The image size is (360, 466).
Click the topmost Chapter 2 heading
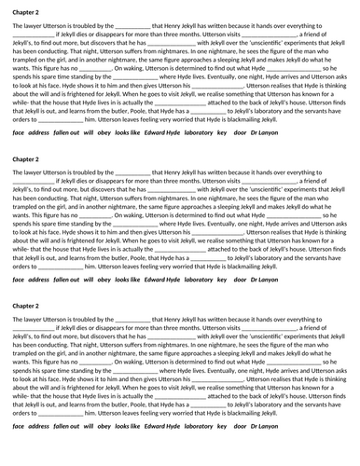[x=26, y=12]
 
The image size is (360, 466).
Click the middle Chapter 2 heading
[x=26, y=158]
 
